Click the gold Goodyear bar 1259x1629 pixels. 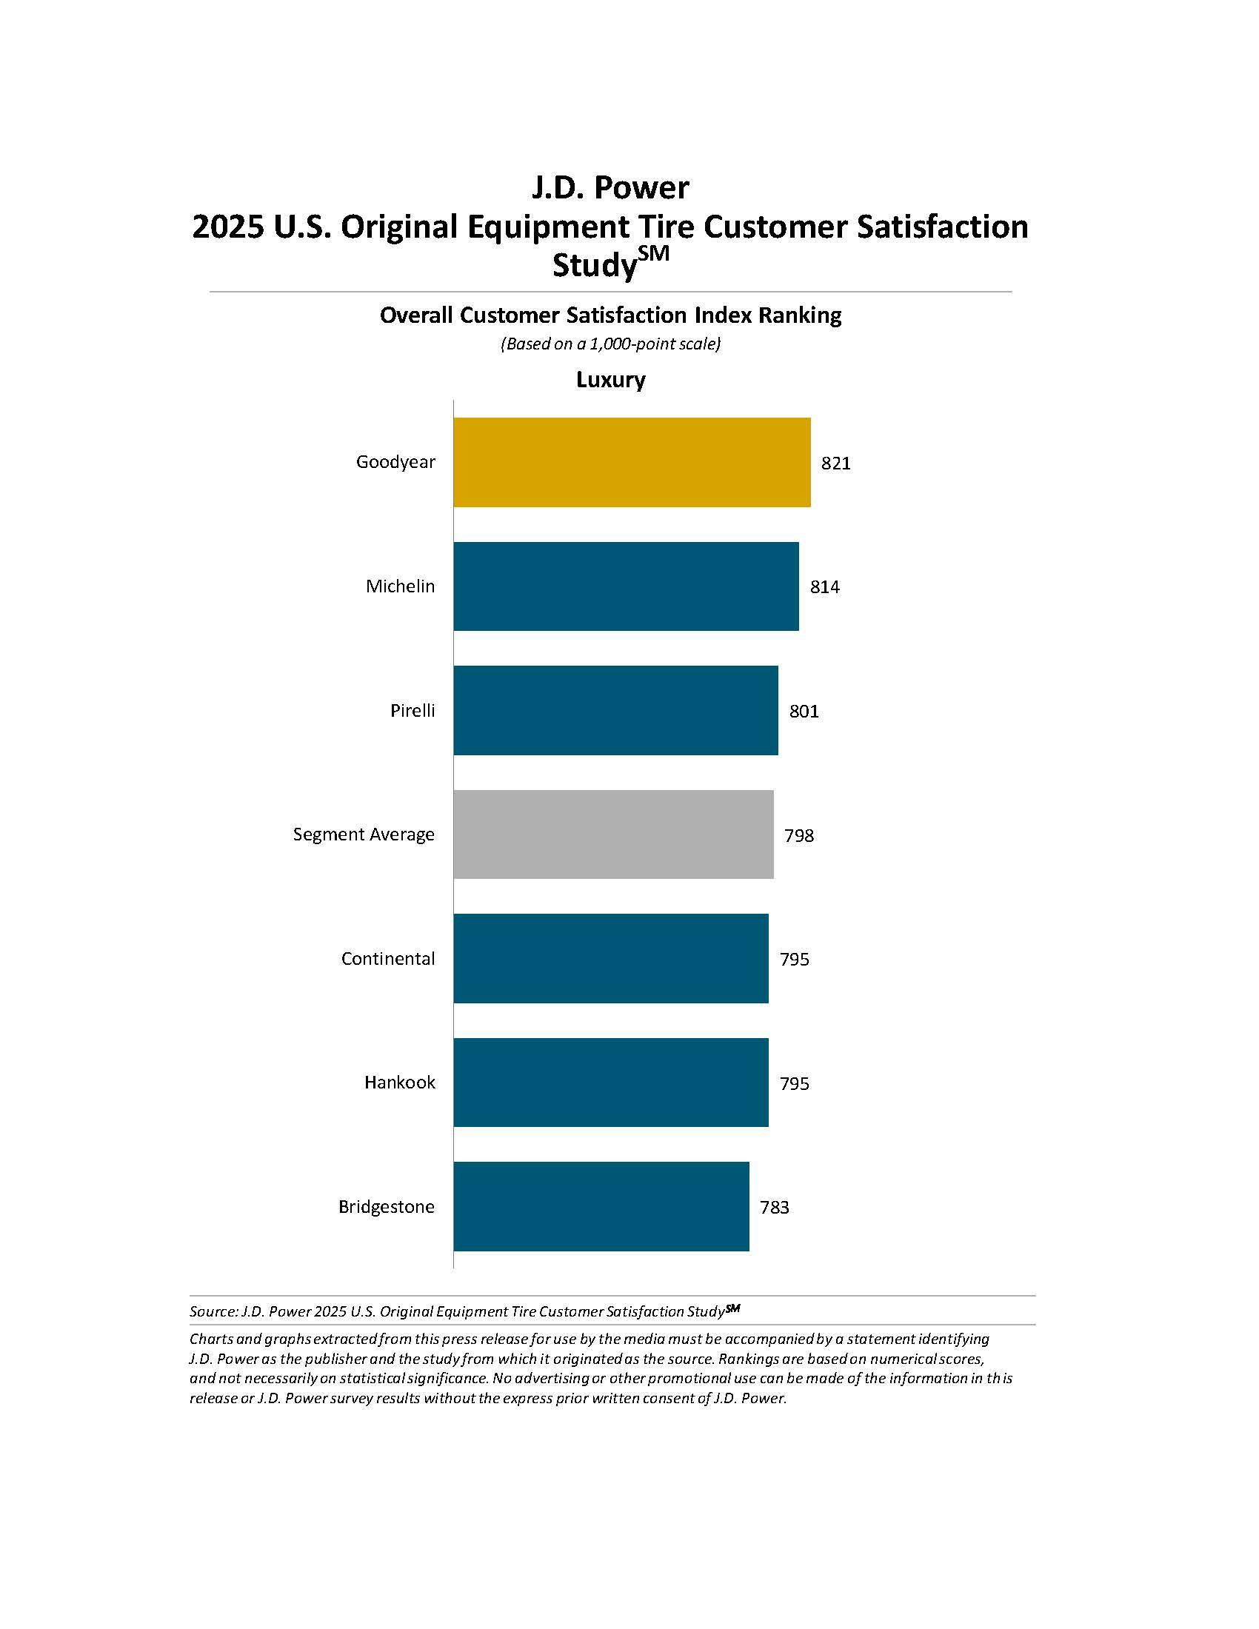[632, 463]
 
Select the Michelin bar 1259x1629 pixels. [626, 586]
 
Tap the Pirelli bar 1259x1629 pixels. [615, 710]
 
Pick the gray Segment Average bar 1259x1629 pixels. [613, 834]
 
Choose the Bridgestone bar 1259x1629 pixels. [601, 1206]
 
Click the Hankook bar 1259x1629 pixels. [611, 1083]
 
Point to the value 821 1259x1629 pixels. [835, 464]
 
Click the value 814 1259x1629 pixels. [824, 587]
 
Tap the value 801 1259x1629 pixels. [804, 712]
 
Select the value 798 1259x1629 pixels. [798, 835]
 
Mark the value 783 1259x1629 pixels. [774, 1207]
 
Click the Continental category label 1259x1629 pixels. [388, 958]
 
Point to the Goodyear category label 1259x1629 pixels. [395, 462]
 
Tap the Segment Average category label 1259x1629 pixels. [363, 834]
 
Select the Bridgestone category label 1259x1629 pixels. [387, 1206]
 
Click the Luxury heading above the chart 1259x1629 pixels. [610, 380]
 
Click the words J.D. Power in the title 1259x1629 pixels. [610, 187]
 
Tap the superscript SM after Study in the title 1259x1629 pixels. [653, 253]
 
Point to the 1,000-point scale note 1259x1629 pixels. [610, 344]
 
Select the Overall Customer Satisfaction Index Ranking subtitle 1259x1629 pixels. [610, 315]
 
